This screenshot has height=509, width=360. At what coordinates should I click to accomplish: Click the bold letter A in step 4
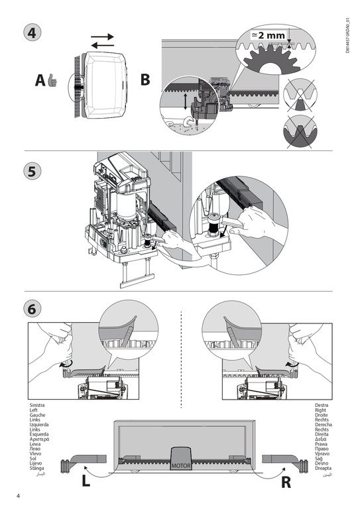click(x=40, y=81)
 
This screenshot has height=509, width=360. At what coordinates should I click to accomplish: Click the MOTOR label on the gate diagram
click(x=181, y=467)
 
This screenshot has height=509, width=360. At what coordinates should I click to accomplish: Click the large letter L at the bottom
click(x=86, y=482)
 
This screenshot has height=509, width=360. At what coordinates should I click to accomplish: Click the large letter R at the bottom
click(x=286, y=482)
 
